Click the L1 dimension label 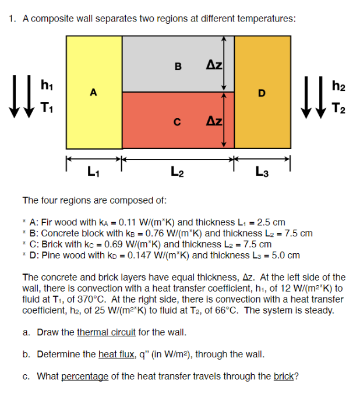click(93, 172)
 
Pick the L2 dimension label click(178, 172)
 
